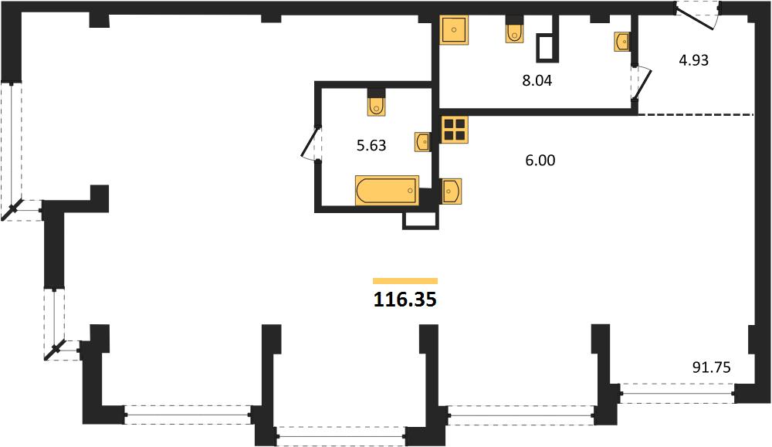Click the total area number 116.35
[x=405, y=300]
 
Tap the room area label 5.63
[x=371, y=146]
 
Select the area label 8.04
[x=537, y=81]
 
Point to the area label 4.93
[x=694, y=60]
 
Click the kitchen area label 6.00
[x=540, y=161]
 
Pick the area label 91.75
[x=712, y=367]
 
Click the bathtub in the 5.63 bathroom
[x=387, y=190]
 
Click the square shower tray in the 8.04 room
[x=455, y=30]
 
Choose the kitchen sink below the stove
[x=451, y=191]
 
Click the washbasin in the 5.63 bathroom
[x=422, y=142]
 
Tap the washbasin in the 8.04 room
[x=621, y=42]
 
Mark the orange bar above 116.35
[x=405, y=281]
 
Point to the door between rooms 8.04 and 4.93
[x=642, y=85]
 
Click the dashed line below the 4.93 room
[x=696, y=115]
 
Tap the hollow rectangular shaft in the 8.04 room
[x=547, y=48]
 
